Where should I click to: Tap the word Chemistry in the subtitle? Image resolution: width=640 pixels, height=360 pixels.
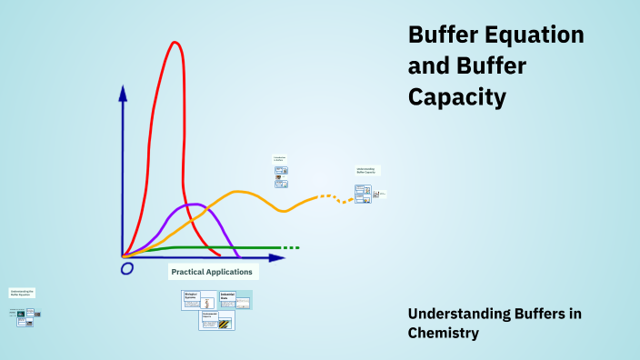[443, 334]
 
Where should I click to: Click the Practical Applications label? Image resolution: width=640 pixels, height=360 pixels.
[213, 272]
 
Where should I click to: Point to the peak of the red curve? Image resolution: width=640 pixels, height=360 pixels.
[175, 42]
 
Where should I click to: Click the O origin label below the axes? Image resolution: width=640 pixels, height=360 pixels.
[127, 268]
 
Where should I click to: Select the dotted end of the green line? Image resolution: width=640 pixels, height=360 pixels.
[289, 247]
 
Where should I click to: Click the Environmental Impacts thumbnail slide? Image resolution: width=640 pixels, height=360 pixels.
[217, 320]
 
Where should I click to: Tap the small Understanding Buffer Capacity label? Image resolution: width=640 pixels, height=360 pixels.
[366, 170]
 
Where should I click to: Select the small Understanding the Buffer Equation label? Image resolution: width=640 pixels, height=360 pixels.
[23, 293]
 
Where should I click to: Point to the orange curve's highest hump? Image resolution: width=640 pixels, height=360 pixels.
[238, 191]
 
